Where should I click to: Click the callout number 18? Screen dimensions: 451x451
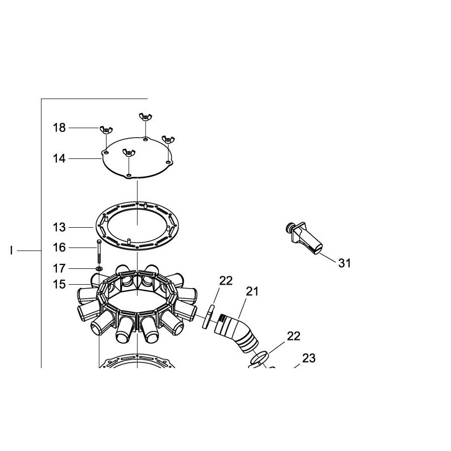click(59, 128)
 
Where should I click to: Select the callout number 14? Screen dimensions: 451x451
click(59, 158)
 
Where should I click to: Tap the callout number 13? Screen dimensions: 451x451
click(59, 228)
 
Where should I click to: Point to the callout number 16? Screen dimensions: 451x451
click(59, 247)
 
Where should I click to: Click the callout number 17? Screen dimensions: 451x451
click(59, 269)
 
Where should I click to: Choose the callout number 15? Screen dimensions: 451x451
click(59, 285)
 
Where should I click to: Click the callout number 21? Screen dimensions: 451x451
click(252, 291)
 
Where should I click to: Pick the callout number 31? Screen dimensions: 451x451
click(344, 263)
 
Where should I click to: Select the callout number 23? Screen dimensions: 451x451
click(308, 359)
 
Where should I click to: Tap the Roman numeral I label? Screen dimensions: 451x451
click(11, 251)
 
